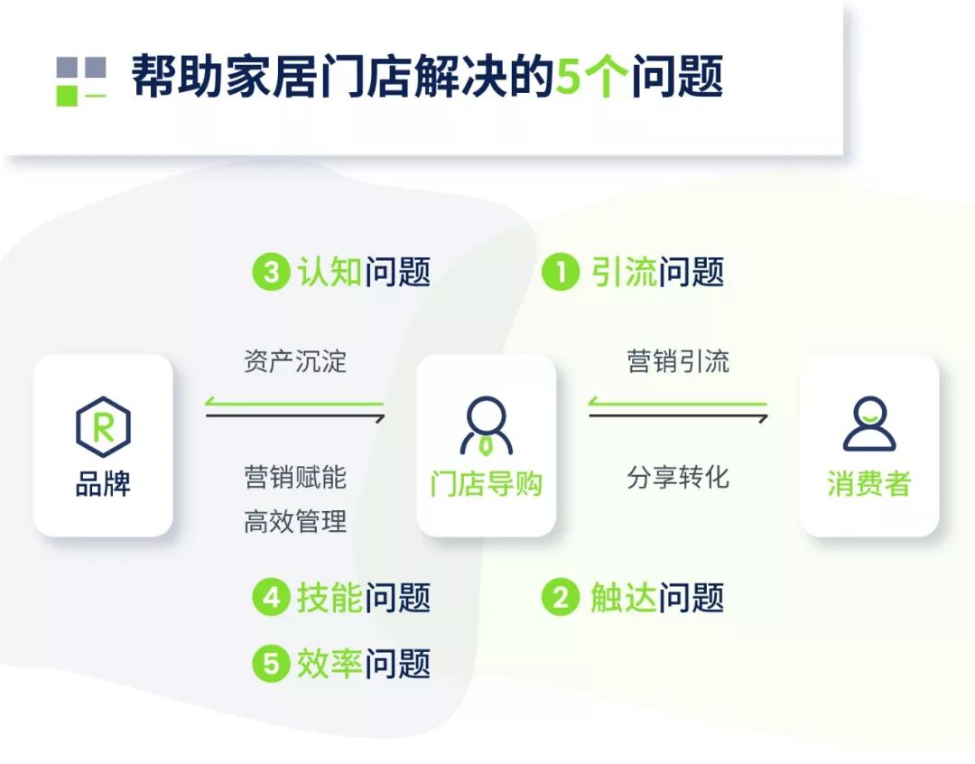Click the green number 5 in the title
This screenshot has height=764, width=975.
click(569, 77)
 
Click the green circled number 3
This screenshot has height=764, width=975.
click(271, 272)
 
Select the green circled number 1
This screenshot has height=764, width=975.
click(561, 272)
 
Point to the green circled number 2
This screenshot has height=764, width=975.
click(561, 598)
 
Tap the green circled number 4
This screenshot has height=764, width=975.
click(271, 598)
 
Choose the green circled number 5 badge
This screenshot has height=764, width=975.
click(271, 663)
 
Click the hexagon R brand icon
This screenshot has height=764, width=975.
click(103, 427)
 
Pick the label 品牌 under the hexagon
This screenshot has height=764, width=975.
click(103, 483)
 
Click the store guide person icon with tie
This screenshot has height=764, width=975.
click(487, 426)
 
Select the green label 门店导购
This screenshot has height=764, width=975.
click(487, 483)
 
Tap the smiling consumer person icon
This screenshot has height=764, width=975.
click(869, 424)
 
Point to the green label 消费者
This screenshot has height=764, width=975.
click(869, 483)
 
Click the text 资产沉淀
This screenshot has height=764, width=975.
click(295, 361)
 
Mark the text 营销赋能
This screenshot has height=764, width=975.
click(295, 477)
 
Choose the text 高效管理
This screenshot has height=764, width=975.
click(295, 521)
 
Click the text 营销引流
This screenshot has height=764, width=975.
click(678, 361)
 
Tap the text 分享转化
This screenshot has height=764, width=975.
click(678, 477)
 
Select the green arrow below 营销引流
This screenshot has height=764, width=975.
click(678, 403)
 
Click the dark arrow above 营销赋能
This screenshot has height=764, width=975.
click(295, 415)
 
